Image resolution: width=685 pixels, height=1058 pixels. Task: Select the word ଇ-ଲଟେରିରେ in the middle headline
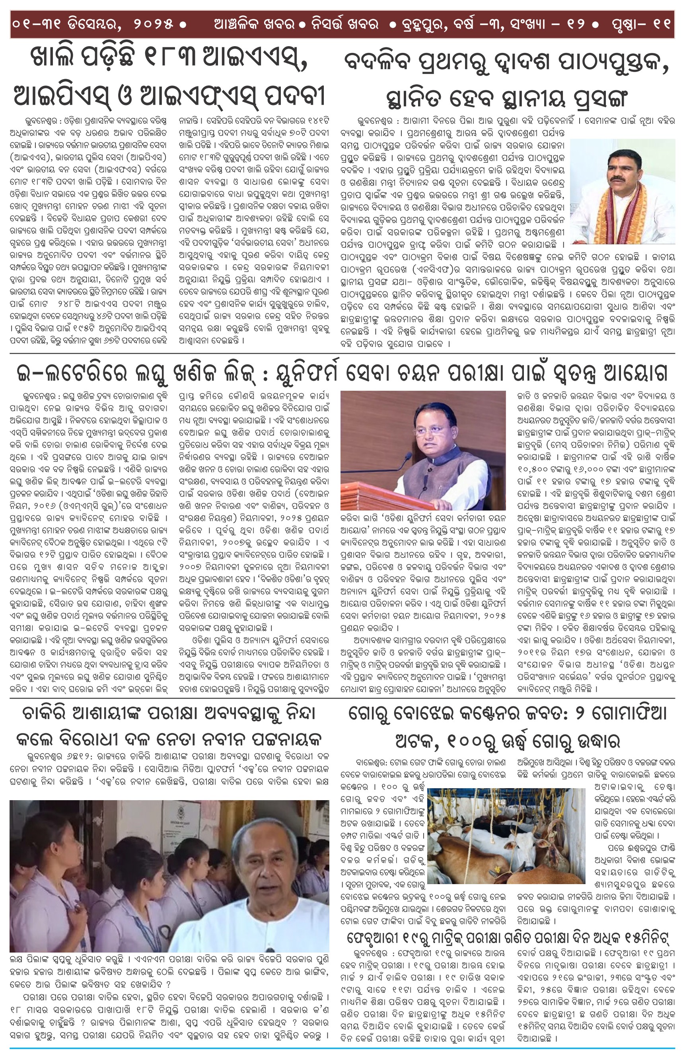[71, 372]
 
